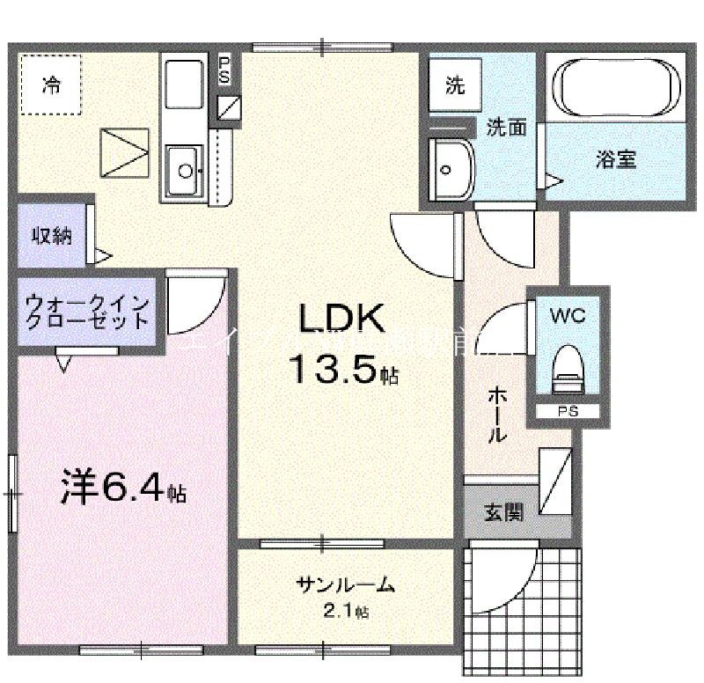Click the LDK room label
tap(342, 319)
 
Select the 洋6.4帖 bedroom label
tap(123, 489)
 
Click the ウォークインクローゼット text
tap(86, 312)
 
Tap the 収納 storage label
tap(53, 236)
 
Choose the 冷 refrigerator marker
tap(52, 85)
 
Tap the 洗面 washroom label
tap(507, 128)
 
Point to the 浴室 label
tap(615, 159)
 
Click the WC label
tap(568, 313)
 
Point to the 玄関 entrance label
tap(503, 511)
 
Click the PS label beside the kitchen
tap(224, 70)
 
